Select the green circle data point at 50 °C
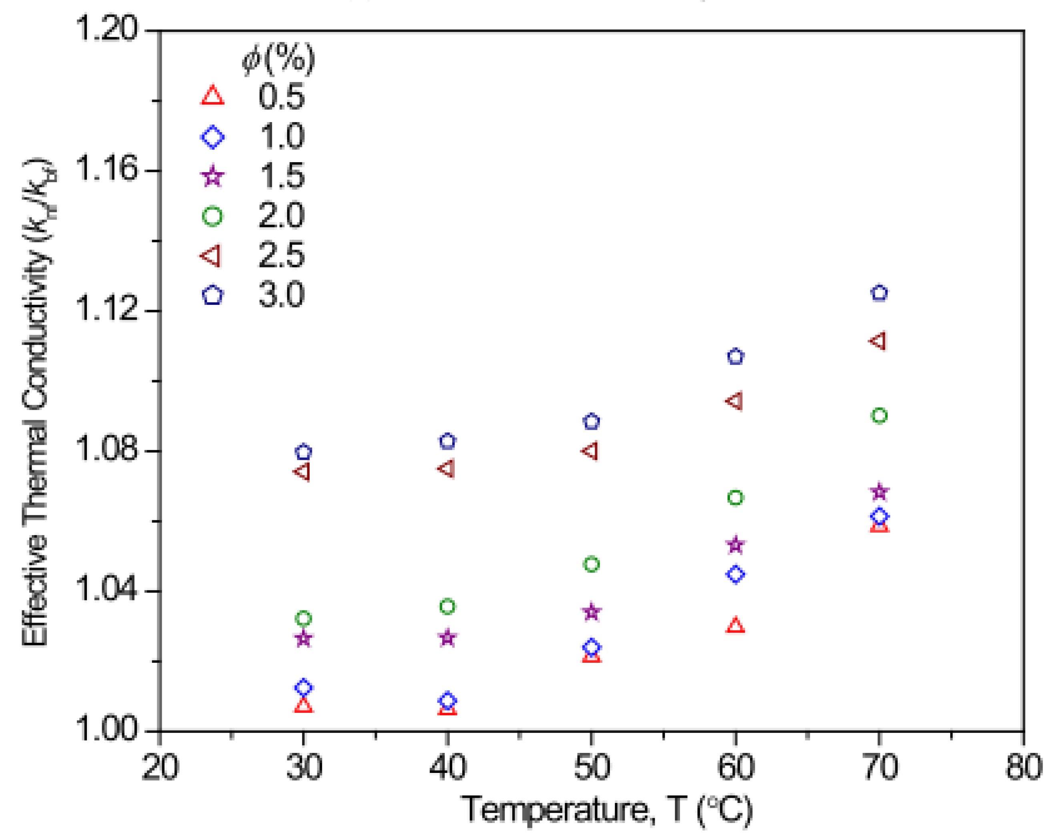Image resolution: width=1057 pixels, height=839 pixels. pos(592,564)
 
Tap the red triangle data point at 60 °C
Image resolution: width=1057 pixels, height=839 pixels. pos(735,626)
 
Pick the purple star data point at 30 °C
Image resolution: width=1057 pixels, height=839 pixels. pos(304,638)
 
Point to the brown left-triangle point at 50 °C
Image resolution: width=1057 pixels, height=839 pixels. pos(591,451)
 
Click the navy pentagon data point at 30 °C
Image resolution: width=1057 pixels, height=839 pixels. pos(304,452)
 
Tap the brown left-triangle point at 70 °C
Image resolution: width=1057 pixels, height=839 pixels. pos(878,341)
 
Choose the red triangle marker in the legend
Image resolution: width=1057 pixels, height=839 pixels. pos(212,96)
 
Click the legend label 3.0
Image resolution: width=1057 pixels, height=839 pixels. pos(281,295)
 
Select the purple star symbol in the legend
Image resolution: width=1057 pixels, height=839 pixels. pos(212,176)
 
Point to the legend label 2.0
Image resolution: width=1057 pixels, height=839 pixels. pos(281,215)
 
